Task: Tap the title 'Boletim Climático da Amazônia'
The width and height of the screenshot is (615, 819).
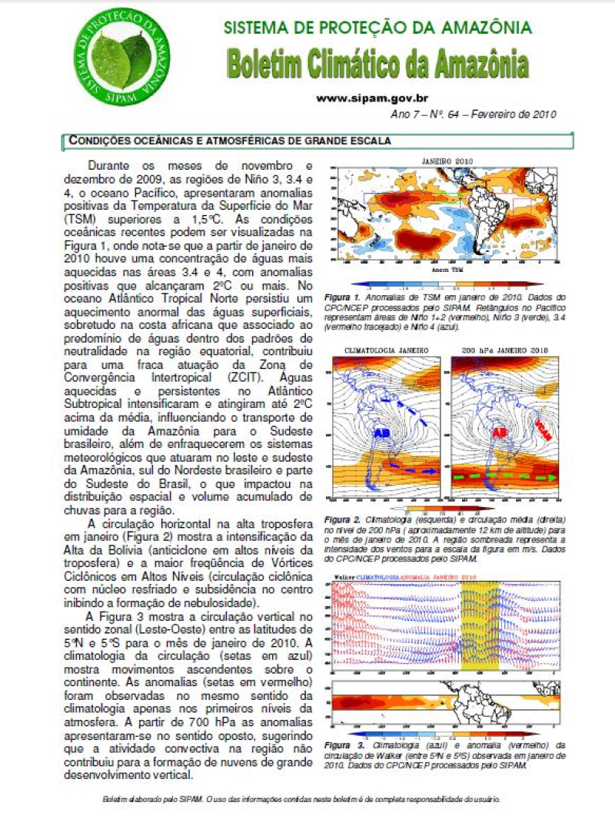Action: (377, 65)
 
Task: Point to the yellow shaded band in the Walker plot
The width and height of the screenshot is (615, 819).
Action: (480, 622)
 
